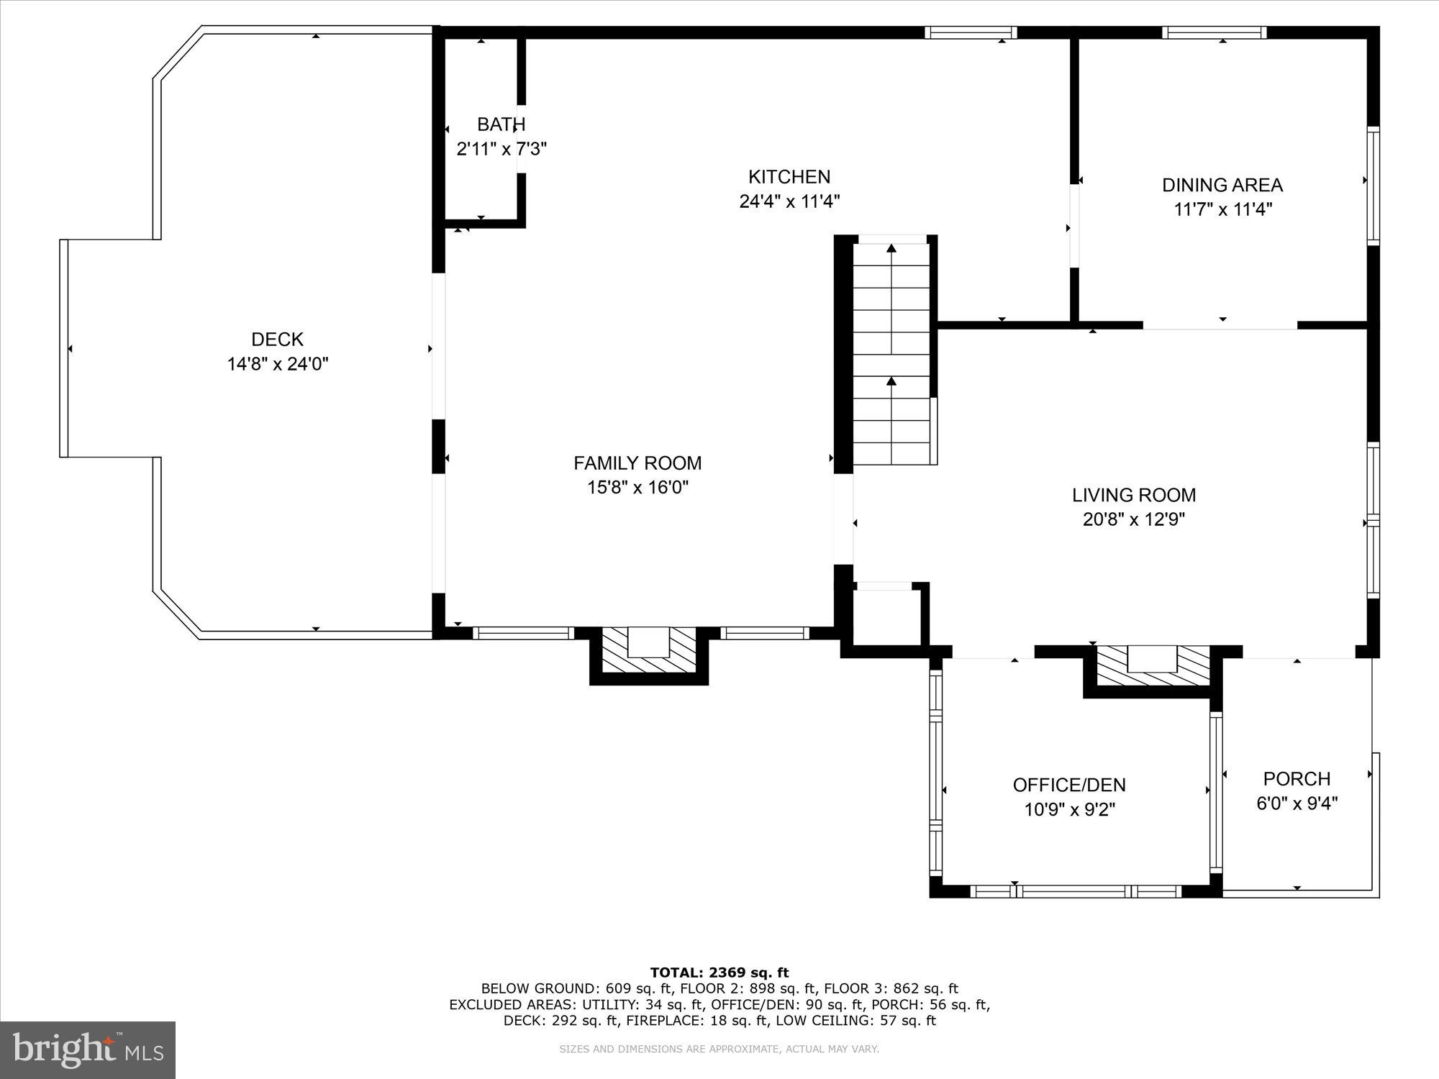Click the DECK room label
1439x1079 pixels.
[x=277, y=339]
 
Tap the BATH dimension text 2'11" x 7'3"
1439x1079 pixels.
[x=501, y=150]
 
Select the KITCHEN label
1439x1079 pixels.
[x=789, y=177]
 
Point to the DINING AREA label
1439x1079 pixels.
[x=1222, y=186]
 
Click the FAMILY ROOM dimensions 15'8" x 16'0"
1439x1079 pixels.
[x=637, y=488]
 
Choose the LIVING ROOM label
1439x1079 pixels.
[x=1134, y=495]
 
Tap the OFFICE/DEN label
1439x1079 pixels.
[x=1068, y=785]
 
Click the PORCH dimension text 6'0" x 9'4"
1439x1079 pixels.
[x=1297, y=803]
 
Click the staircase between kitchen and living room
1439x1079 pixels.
[x=892, y=352]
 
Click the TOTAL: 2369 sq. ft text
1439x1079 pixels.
[x=719, y=973]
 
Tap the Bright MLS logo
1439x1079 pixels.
[x=87, y=1050]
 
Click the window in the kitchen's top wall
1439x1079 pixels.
[x=970, y=32]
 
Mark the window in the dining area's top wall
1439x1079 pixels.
[x=1214, y=32]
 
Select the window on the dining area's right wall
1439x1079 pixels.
[x=1373, y=186]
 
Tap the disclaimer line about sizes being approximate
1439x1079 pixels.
[x=719, y=1050]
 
